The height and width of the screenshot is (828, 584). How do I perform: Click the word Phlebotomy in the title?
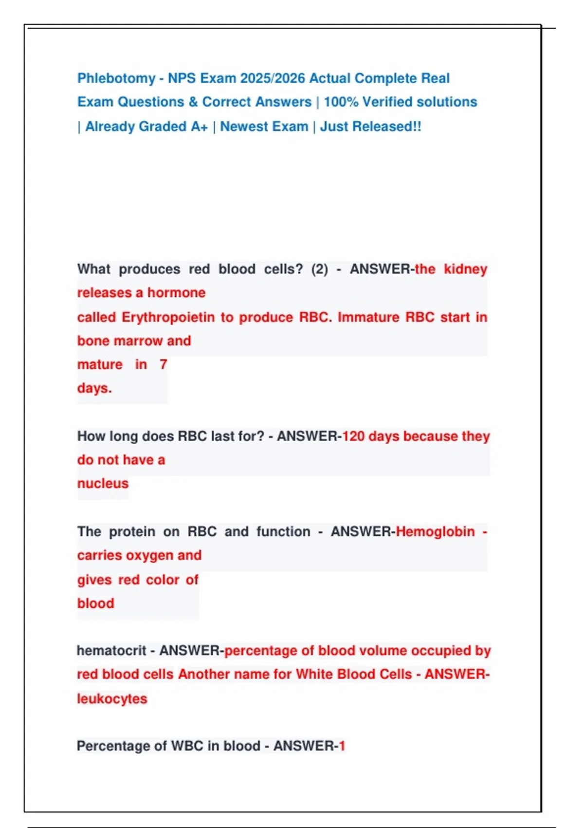pyautogui.click(x=116, y=78)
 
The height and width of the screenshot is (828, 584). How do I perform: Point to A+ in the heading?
pyautogui.click(x=199, y=127)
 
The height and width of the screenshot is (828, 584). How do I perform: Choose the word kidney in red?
pyautogui.click(x=465, y=269)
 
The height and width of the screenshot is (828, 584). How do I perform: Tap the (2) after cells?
pyautogui.click(x=319, y=269)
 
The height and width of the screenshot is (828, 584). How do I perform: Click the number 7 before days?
pyautogui.click(x=164, y=365)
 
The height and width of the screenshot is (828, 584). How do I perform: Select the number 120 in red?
pyautogui.click(x=353, y=436)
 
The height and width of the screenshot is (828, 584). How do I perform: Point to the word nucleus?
pyautogui.click(x=103, y=484)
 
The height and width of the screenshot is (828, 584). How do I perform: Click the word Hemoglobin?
pyautogui.click(x=435, y=532)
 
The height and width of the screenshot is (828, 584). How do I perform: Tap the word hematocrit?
pyautogui.click(x=111, y=651)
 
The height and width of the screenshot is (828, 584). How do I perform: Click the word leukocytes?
pyautogui.click(x=112, y=699)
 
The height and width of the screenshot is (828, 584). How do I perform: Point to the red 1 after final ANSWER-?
pyautogui.click(x=342, y=746)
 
